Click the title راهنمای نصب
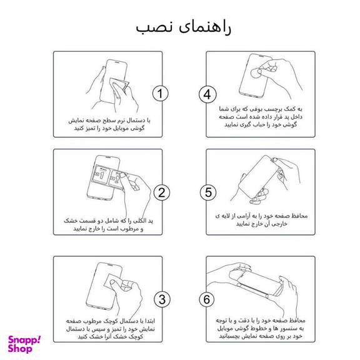coord(180,27)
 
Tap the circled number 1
coord(161,94)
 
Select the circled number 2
coord(161,192)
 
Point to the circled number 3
coord(161,299)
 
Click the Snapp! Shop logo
coord(24,343)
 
